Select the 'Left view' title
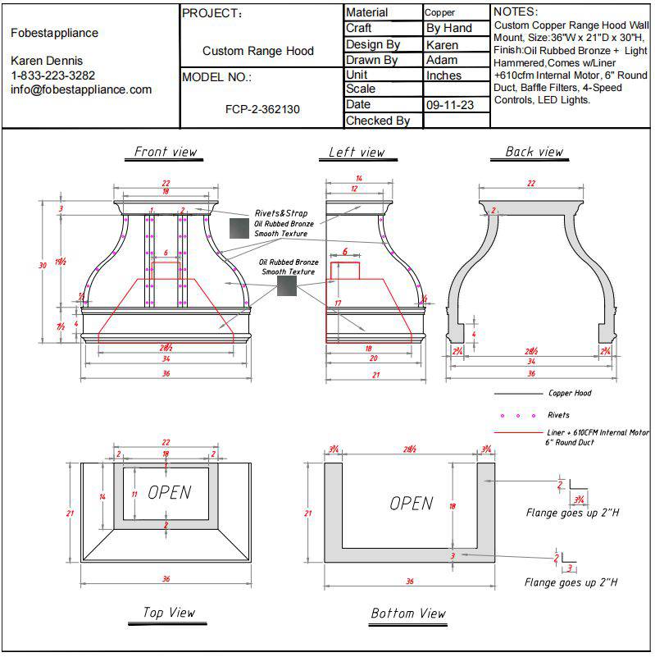coord(357,152)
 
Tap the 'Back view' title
coord(534,152)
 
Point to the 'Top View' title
coord(169,612)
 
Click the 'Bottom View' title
coord(408,613)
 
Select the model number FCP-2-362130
coord(262,108)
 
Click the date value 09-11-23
coord(449,105)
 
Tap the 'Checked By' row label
coord(378,121)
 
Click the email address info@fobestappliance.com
coord(81,89)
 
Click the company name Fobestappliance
coord(55,33)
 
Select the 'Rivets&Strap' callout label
coord(280,213)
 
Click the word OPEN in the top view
coord(169,492)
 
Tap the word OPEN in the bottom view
coord(411,503)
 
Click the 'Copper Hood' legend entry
coord(570,394)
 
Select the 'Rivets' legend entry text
coord(558,415)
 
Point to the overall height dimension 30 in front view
coord(43,265)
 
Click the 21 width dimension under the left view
coord(377,375)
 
